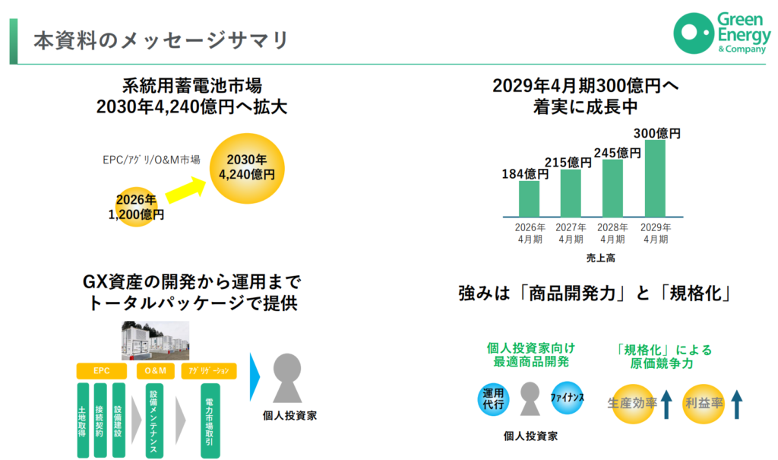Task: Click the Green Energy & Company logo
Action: coord(722,33)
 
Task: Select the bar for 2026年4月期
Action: coord(529,198)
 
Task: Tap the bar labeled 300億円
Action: coord(655,179)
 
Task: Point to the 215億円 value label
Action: coord(568,163)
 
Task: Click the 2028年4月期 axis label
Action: coord(612,233)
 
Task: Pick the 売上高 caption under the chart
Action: coord(600,258)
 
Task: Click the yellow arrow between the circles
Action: coord(185,190)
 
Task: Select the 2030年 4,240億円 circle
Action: coord(247,168)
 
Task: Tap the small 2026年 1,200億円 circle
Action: coord(136,207)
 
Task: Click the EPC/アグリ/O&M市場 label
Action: coord(151,160)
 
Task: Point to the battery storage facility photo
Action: coord(155,341)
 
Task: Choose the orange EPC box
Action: coord(102,370)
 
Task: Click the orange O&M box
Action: coord(155,370)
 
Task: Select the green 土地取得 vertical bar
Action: coord(83,420)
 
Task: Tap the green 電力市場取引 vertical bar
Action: coord(210,420)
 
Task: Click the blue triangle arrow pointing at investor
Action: coord(255,377)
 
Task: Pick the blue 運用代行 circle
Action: coord(493,399)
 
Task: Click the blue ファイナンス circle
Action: coord(567,398)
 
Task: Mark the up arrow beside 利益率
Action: coord(737,404)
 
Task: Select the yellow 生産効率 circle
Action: coord(632,404)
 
